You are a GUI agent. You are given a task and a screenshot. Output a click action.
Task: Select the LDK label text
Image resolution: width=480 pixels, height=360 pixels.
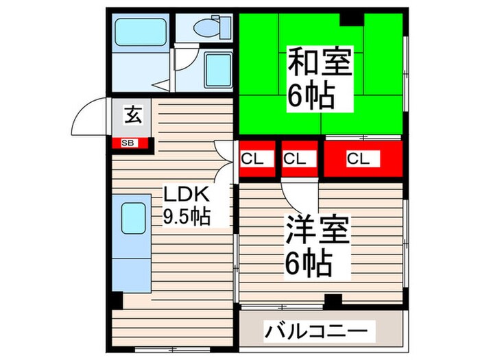tap(182, 193)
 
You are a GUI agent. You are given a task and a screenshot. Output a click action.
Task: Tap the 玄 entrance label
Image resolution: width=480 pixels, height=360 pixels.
tap(132, 115)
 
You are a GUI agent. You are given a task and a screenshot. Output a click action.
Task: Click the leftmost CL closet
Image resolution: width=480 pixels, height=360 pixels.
tap(252, 158)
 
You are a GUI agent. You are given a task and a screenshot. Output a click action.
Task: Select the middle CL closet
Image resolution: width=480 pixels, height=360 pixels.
tap(296, 158)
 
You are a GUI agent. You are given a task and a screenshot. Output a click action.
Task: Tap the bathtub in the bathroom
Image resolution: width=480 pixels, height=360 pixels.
tap(137, 30)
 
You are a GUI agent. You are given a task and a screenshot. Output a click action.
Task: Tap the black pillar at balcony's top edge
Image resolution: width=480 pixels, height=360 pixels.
tap(333, 300)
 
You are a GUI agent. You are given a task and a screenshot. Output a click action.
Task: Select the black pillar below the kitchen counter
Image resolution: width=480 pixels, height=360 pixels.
tap(117, 300)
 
